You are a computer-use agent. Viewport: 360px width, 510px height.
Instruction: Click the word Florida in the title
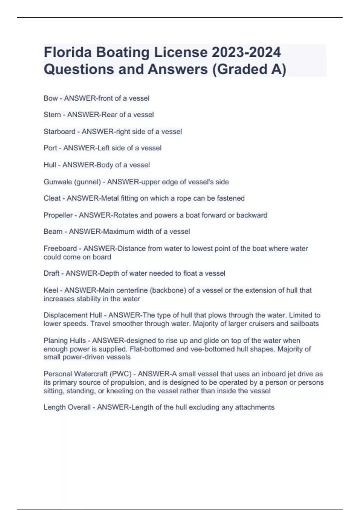coord(67,52)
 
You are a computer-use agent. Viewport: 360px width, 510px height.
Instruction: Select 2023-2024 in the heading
coord(246,52)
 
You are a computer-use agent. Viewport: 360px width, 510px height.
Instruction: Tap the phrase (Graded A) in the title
coord(249,69)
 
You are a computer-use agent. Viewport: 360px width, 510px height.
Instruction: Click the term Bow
coord(50,98)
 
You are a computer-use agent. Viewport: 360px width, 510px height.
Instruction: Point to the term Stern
coord(52,115)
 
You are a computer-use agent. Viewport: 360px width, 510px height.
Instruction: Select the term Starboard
coord(59,132)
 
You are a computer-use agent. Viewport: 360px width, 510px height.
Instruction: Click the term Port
coord(50,148)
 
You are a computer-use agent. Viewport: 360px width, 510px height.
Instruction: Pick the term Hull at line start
coord(50,165)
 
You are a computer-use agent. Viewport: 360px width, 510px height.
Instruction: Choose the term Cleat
coord(52,198)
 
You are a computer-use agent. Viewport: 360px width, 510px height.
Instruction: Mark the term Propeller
coord(58,215)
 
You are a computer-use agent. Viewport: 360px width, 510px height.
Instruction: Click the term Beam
coord(53,232)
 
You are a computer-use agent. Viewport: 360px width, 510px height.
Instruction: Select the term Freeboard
coord(60,248)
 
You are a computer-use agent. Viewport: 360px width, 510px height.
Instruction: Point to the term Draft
coord(51,273)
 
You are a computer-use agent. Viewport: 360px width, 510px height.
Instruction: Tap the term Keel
coord(51,290)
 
